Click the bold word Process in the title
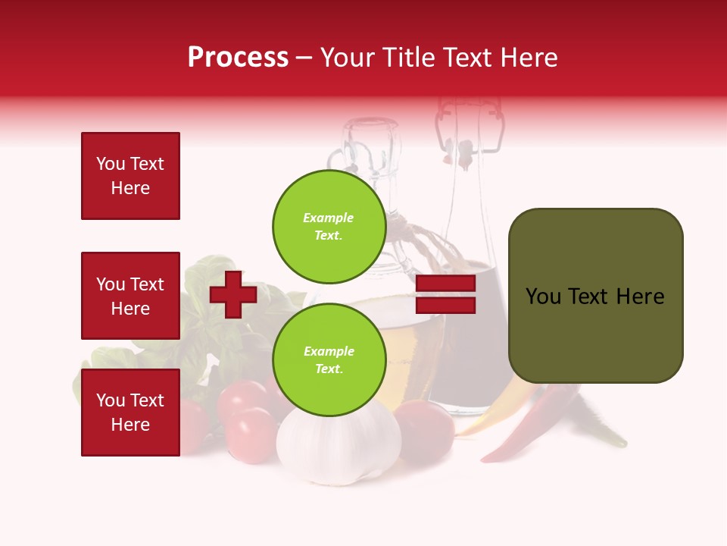tap(238, 58)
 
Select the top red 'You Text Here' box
tap(130, 176)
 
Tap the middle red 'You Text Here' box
tap(130, 296)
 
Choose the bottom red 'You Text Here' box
tap(130, 413)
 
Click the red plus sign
tap(233, 294)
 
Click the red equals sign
tap(445, 294)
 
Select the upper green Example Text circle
tap(329, 227)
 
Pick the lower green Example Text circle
tap(329, 360)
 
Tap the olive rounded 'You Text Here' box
tap(595, 296)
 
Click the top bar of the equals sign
tap(445, 284)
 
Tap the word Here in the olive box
tap(640, 297)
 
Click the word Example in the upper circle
tap(329, 218)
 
